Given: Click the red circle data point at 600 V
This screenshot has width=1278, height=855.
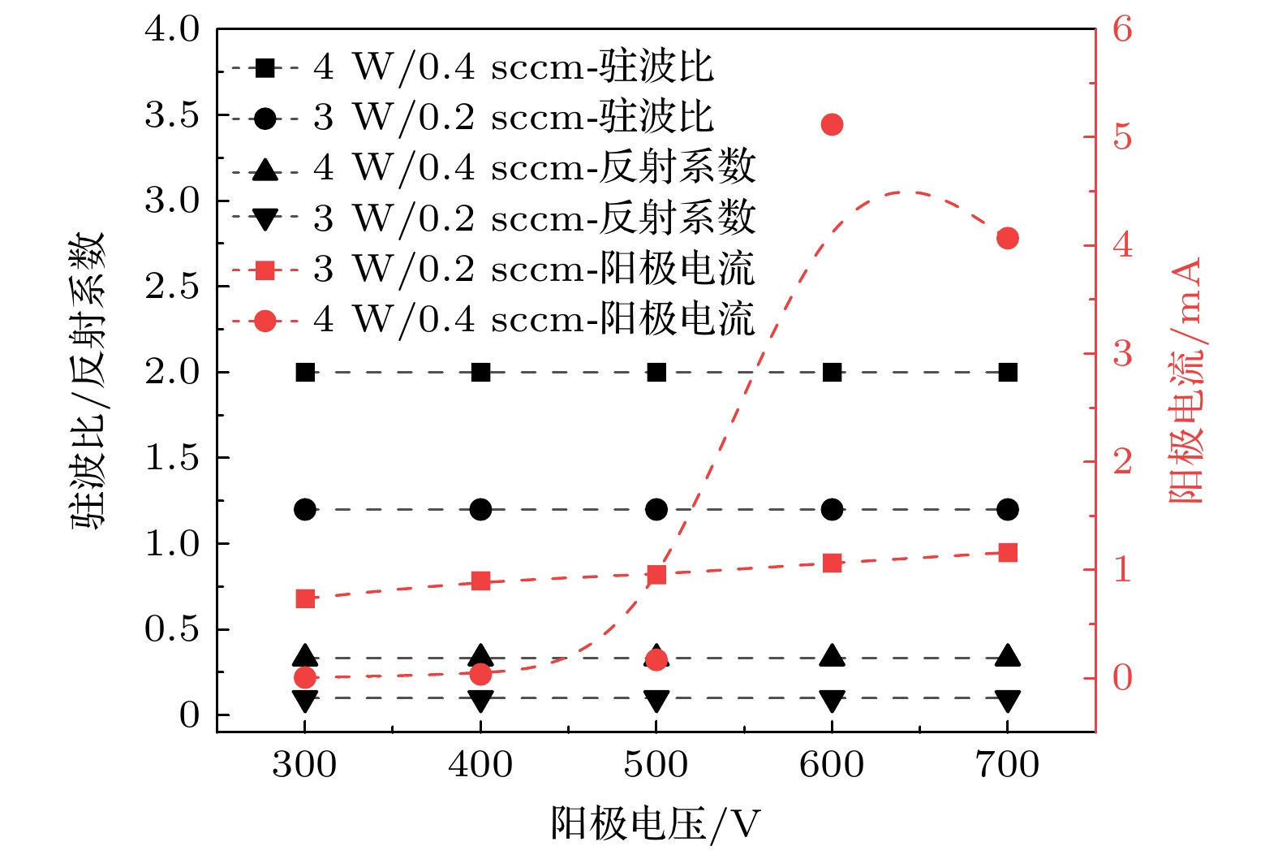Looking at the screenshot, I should click(x=832, y=124).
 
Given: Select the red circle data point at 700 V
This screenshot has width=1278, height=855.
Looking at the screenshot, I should click(x=1008, y=238).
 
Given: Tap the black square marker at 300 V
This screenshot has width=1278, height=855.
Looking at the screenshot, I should click(x=305, y=372).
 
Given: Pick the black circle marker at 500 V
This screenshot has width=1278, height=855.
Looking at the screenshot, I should click(x=656, y=510).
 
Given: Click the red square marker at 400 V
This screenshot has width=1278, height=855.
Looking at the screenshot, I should click(x=480, y=581).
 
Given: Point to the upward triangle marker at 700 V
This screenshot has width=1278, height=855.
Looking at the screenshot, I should click(x=1008, y=656).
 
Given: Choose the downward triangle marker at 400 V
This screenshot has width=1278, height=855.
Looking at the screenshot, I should click(x=480, y=700).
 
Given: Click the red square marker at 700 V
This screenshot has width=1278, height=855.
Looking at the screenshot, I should click(x=1008, y=553).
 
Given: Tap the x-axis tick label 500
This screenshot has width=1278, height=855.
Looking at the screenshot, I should click(x=656, y=765).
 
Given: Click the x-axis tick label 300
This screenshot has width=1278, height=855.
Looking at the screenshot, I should click(x=304, y=765).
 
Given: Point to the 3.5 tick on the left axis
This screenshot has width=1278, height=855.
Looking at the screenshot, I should click(x=172, y=115).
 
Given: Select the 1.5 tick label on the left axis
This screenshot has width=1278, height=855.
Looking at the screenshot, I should click(x=172, y=458).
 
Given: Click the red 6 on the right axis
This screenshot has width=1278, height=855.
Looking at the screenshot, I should click(x=1122, y=29).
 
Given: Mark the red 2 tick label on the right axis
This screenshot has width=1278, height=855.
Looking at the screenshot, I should click(x=1122, y=461).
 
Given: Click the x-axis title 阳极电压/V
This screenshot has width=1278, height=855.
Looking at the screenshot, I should click(x=656, y=824).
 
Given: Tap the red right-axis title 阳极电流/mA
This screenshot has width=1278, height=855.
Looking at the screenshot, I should click(x=1185, y=382).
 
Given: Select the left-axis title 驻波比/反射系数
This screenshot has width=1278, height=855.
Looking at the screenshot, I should click(x=88, y=382).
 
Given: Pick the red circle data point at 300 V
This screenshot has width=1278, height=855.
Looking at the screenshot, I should click(x=305, y=677).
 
